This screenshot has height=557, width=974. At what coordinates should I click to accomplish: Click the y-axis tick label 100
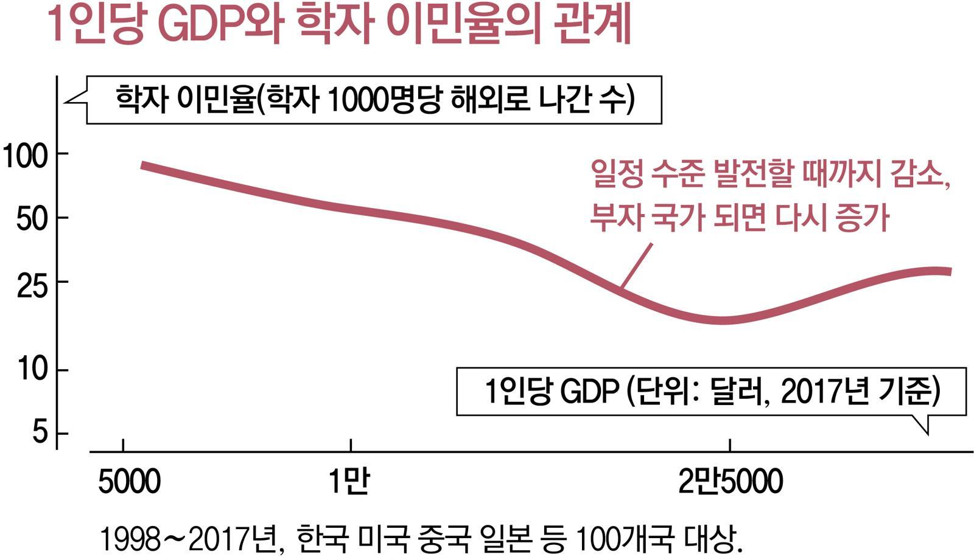(26, 156)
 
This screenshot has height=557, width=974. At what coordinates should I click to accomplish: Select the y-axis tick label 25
(32, 285)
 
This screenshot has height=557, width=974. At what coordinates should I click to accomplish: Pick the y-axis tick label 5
(40, 432)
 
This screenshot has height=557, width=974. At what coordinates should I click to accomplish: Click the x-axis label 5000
(129, 482)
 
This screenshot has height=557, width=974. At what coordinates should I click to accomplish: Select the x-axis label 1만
(349, 482)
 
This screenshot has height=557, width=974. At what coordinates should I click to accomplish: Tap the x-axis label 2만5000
(730, 482)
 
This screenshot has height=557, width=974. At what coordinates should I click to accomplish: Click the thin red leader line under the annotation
(636, 265)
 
